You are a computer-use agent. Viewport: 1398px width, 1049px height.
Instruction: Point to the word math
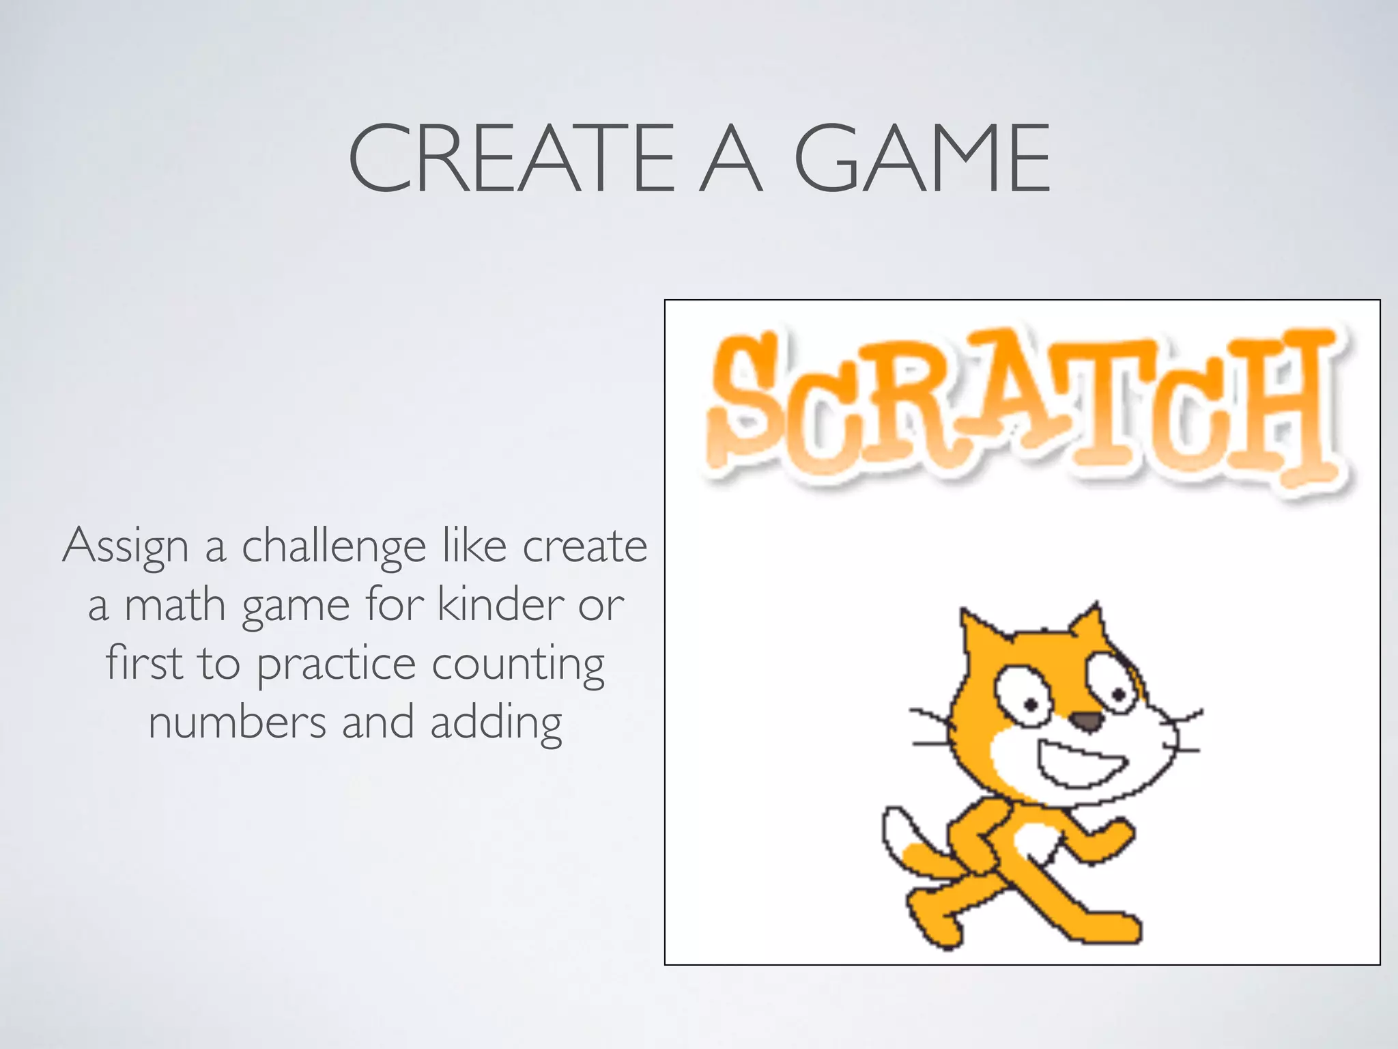[x=175, y=606]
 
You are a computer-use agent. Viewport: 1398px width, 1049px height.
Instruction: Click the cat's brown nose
[x=1085, y=721]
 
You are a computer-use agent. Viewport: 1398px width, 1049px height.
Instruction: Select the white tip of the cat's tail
[x=898, y=833]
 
